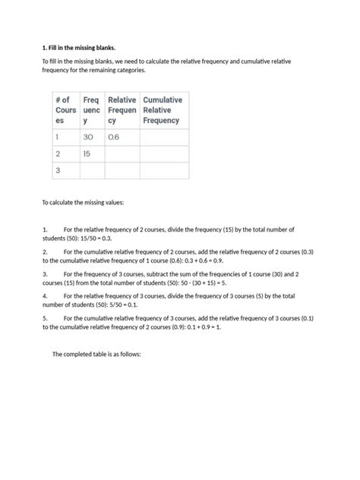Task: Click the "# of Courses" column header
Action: pyautogui.click(x=64, y=110)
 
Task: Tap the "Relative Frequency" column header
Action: pyautogui.click(x=122, y=110)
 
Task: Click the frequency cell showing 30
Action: pyautogui.click(x=89, y=137)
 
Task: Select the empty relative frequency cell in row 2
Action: pyautogui.click(x=122, y=153)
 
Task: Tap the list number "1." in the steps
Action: pyautogui.click(x=46, y=229)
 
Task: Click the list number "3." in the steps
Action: pyautogui.click(x=46, y=272)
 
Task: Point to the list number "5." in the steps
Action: pyautogui.click(x=46, y=317)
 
